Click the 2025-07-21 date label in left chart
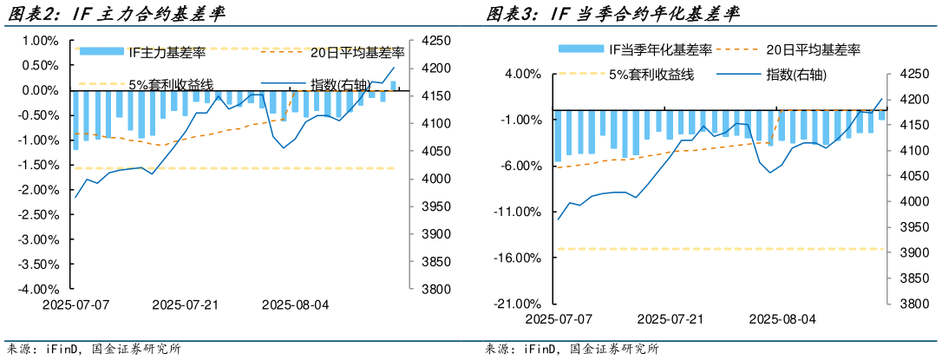click(186, 305)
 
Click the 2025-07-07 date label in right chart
click(559, 319)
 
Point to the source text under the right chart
click(572, 350)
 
